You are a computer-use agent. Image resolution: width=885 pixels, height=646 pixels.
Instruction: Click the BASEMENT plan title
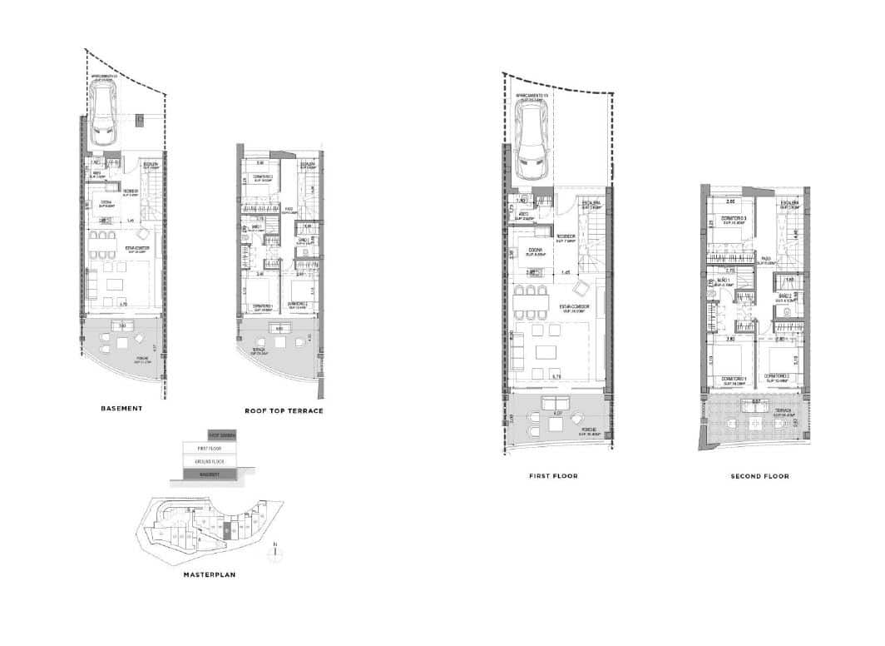tap(122, 409)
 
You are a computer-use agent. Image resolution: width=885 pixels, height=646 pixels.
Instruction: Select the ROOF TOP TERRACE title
tap(284, 411)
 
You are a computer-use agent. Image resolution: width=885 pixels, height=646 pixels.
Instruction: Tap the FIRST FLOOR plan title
tap(553, 476)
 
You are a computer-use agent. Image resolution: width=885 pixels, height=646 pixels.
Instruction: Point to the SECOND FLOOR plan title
tap(759, 476)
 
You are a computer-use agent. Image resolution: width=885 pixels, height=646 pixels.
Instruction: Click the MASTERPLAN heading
tap(208, 574)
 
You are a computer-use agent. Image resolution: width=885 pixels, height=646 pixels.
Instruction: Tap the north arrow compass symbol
tap(275, 550)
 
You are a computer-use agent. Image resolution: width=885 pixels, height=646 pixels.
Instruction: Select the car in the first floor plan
tap(531, 150)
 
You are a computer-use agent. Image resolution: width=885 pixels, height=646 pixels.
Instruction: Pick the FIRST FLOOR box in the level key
tap(210, 448)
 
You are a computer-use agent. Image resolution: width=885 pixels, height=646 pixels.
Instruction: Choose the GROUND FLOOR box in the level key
tap(210, 460)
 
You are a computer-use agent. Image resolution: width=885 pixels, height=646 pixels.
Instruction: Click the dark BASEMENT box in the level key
tap(210, 474)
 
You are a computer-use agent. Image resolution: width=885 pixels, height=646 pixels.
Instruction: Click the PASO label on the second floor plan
tap(764, 259)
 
